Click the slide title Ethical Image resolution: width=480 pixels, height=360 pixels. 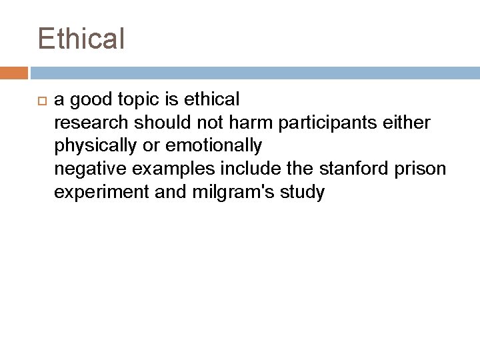pyautogui.click(x=81, y=38)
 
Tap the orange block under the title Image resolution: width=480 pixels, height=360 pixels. pyautogui.click(x=14, y=73)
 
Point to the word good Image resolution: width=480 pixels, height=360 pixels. pyautogui.click(x=91, y=100)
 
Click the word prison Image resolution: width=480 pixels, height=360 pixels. pyautogui.click(x=424, y=169)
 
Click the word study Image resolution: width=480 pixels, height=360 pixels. pyautogui.click(x=303, y=193)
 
